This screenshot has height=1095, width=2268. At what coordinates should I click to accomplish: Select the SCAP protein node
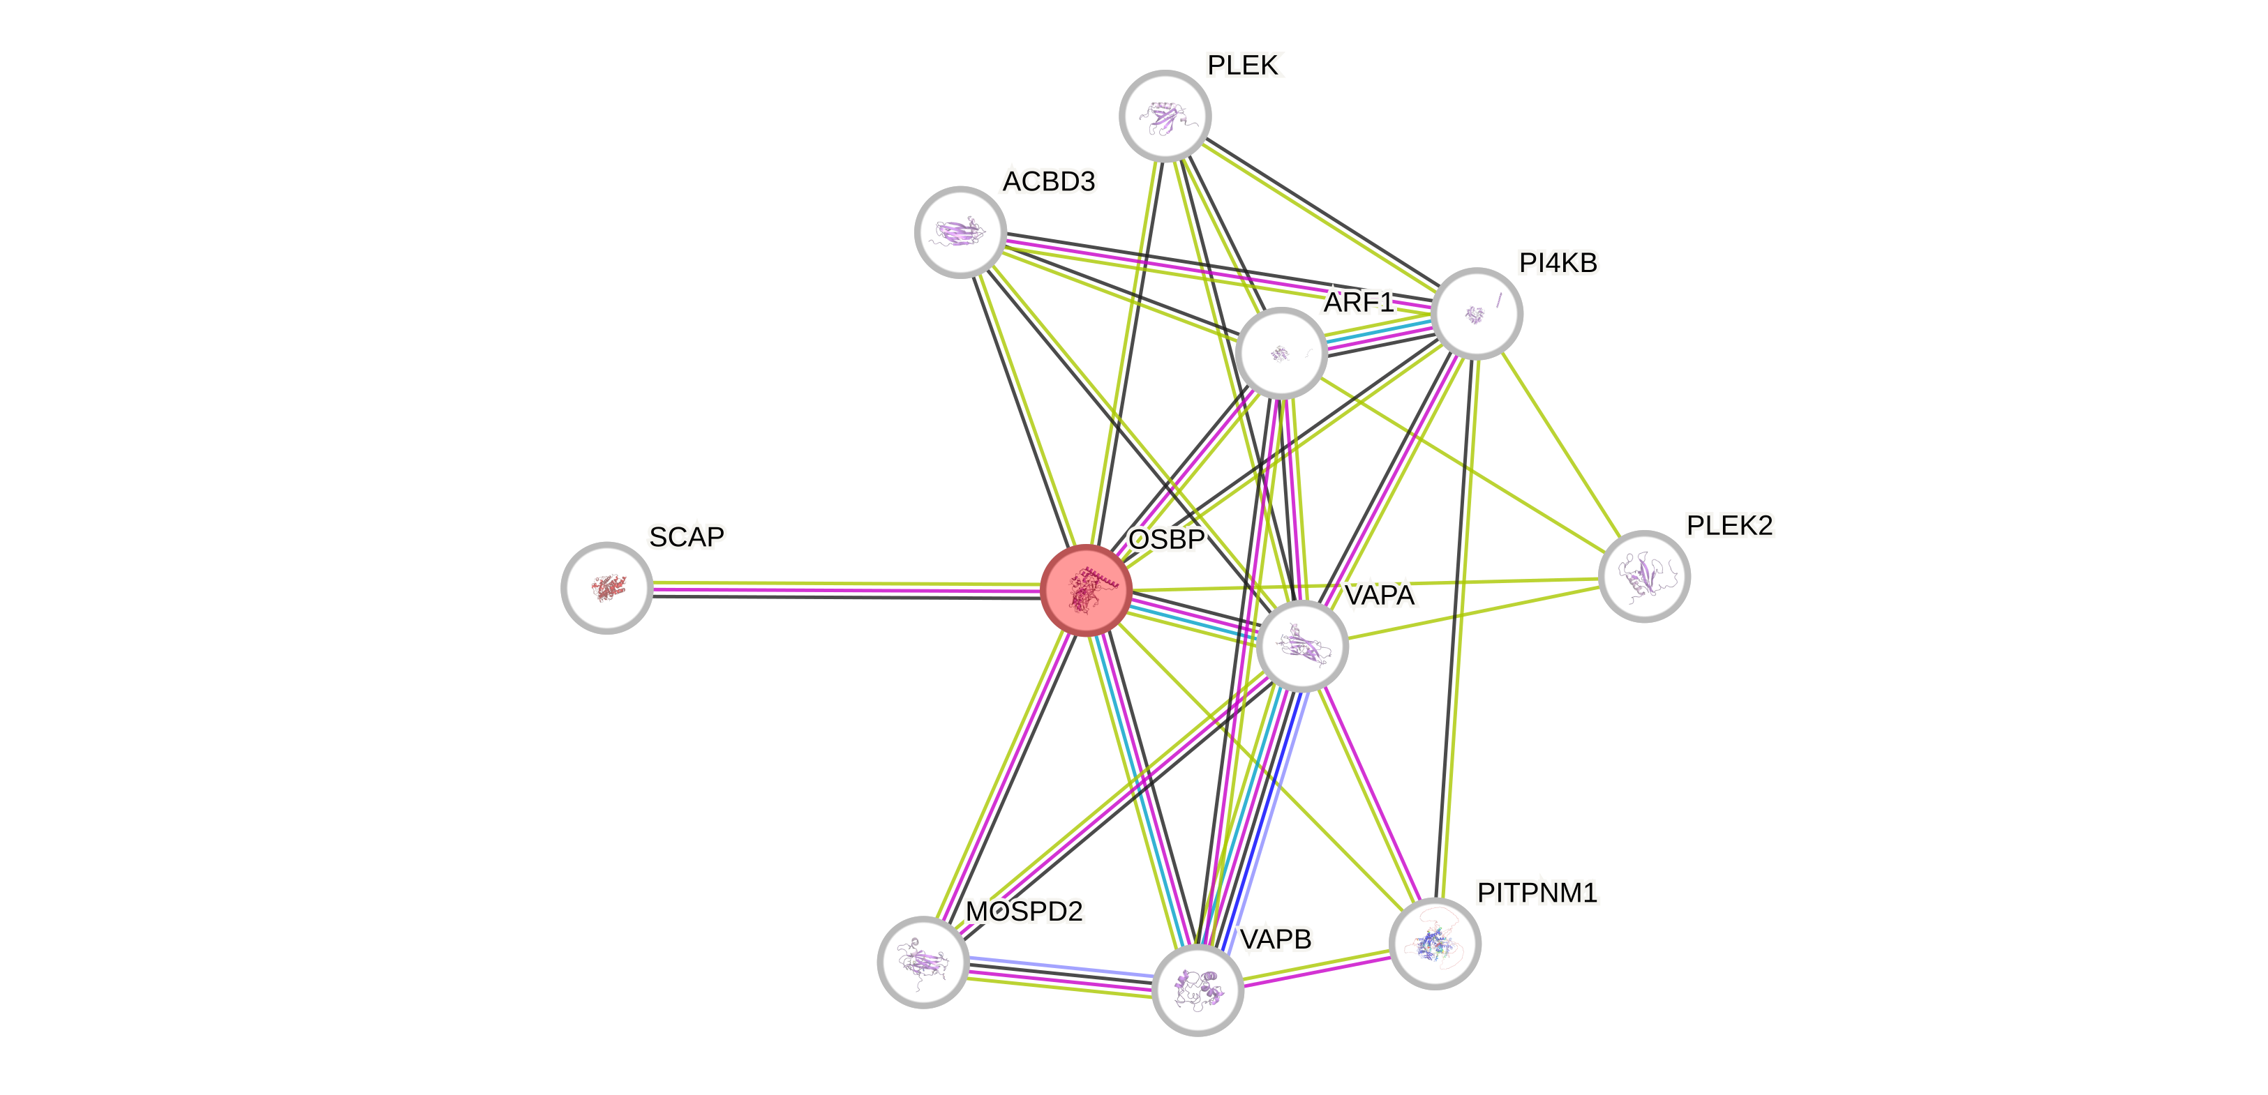click(x=606, y=587)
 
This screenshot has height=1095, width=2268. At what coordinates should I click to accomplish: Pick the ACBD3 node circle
click(x=960, y=232)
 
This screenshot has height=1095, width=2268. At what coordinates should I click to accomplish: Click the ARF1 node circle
click(x=1281, y=353)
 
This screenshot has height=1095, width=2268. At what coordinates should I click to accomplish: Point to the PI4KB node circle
click(x=1477, y=313)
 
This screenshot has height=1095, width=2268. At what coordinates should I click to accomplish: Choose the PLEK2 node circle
click(x=1643, y=577)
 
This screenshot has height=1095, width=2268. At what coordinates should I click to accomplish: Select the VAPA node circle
click(x=1302, y=646)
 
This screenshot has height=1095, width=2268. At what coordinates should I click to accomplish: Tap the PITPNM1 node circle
click(x=1435, y=943)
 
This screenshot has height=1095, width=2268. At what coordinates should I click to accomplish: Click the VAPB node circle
click(x=1198, y=990)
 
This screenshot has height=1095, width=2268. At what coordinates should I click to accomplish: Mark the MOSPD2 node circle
click(x=923, y=961)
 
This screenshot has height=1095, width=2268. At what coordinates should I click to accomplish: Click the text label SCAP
click(x=687, y=537)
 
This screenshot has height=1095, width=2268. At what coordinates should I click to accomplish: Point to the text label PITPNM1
click(x=1537, y=893)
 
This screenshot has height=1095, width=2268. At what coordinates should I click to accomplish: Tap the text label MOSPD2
click(x=1024, y=911)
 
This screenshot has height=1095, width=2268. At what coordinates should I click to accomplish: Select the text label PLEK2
click(x=1729, y=525)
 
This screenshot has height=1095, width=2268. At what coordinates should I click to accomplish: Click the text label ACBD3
click(x=1049, y=181)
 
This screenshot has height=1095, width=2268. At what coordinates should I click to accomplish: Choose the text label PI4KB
click(x=1558, y=262)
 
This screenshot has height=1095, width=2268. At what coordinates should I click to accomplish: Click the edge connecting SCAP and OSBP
click(x=845, y=587)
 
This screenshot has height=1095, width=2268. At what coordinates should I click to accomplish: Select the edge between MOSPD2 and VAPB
click(x=1060, y=975)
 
